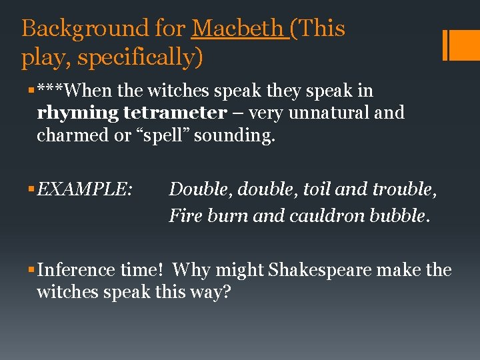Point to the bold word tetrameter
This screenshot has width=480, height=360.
tap(175, 113)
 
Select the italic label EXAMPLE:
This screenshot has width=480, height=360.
tap(85, 189)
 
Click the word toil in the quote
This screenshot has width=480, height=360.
tap(317, 189)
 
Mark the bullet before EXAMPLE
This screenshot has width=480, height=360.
tap(32, 190)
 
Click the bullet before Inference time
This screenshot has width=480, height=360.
tap(32, 271)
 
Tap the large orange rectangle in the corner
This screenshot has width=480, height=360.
tap(461, 45)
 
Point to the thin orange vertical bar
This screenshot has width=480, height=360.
tap(445, 45)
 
